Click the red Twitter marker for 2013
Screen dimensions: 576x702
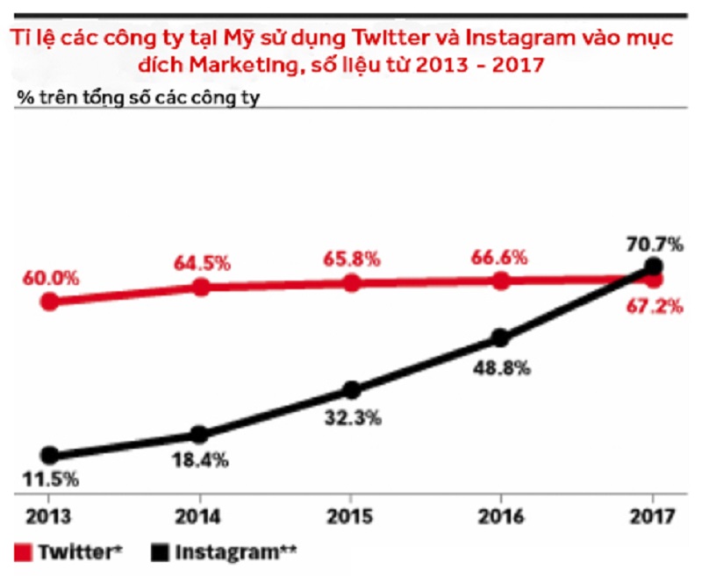tap(50, 301)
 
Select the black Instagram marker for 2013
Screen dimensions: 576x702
tap(50, 455)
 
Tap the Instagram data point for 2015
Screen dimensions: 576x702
tap(351, 389)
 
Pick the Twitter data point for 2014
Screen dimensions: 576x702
tap(200, 287)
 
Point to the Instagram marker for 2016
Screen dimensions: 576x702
tap(500, 338)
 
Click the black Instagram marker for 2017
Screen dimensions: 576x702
tap(652, 266)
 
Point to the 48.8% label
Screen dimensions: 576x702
tap(501, 368)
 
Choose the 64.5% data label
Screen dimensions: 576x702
tap(201, 261)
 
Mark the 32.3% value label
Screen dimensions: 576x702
tap(351, 418)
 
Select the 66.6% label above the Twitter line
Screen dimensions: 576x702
tap(499, 258)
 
